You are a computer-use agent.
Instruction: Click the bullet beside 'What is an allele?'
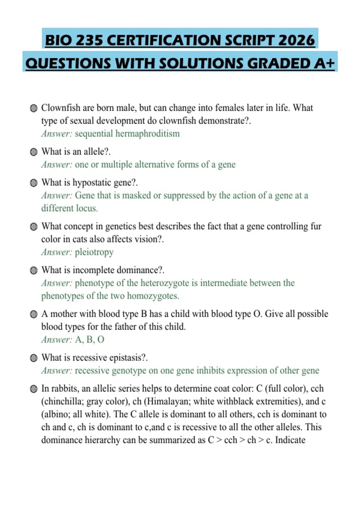[34, 152]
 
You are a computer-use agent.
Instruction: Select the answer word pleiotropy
[94, 252]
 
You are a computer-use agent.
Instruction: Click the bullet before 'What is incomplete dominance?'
[34, 271]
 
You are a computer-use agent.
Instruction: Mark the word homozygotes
[153, 296]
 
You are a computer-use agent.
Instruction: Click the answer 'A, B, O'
[89, 340]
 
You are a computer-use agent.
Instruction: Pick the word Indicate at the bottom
[290, 440]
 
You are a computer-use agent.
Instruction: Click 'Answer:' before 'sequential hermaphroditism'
[57, 133]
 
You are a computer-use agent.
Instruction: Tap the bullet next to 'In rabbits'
[34, 389]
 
